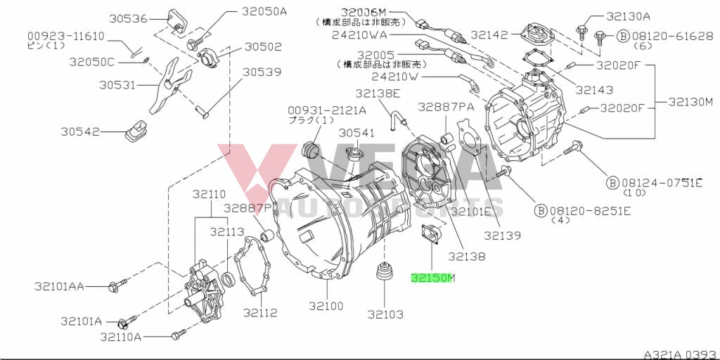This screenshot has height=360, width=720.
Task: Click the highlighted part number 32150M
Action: click(433, 278)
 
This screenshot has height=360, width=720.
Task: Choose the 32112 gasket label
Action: click(260, 311)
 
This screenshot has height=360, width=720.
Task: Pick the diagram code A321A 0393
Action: click(680, 354)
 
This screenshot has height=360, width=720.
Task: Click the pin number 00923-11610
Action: click(66, 35)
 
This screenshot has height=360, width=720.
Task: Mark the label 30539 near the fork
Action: click(262, 72)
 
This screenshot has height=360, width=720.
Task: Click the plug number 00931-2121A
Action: click(326, 110)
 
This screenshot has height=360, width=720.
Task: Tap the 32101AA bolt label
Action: click(59, 286)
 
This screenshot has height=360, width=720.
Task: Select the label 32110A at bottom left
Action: click(120, 337)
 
